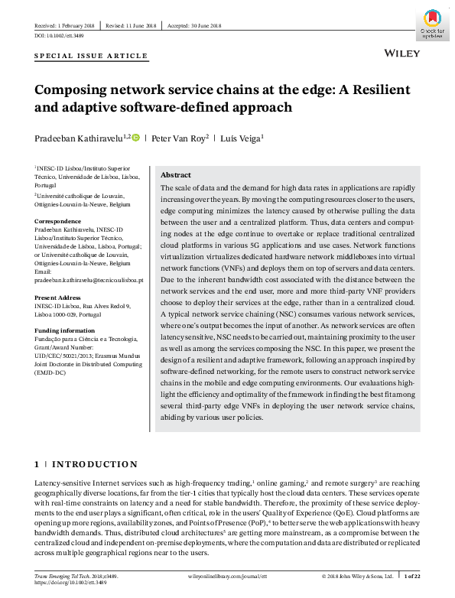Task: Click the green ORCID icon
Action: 136,138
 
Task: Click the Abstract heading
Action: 175,175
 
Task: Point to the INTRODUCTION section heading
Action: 94,464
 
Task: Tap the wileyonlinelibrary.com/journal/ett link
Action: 228,574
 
